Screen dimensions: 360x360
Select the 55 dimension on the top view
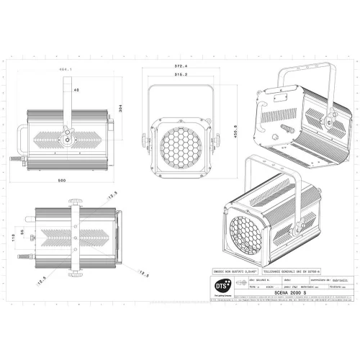[22, 232]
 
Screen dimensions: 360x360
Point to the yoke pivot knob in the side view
[68, 135]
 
